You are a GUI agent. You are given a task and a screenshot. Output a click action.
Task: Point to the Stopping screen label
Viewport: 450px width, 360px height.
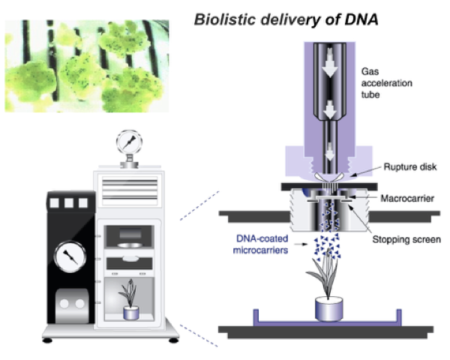[406, 240]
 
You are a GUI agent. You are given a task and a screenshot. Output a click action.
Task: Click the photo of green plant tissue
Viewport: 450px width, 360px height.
[87, 66]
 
